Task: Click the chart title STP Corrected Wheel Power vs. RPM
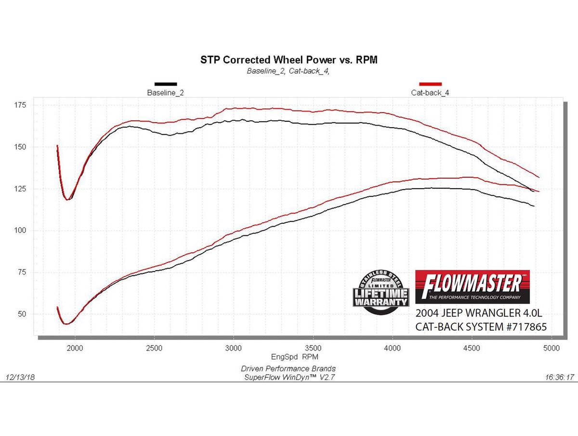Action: [x=288, y=61]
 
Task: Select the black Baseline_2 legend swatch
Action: [x=165, y=84]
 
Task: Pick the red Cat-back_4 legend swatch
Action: [x=430, y=84]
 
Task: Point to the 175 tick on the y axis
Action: [x=21, y=105]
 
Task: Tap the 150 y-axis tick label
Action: [x=21, y=147]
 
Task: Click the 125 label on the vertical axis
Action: [x=21, y=189]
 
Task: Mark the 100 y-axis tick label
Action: [x=21, y=231]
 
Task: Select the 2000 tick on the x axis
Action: [x=75, y=348]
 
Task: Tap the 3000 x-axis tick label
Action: [x=234, y=348]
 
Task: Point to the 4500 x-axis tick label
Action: [x=472, y=348]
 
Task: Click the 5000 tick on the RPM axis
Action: [x=551, y=348]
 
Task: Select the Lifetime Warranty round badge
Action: [x=381, y=293]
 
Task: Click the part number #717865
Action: [x=524, y=327]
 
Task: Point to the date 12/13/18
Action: [x=20, y=378]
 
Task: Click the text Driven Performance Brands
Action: [x=288, y=369]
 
